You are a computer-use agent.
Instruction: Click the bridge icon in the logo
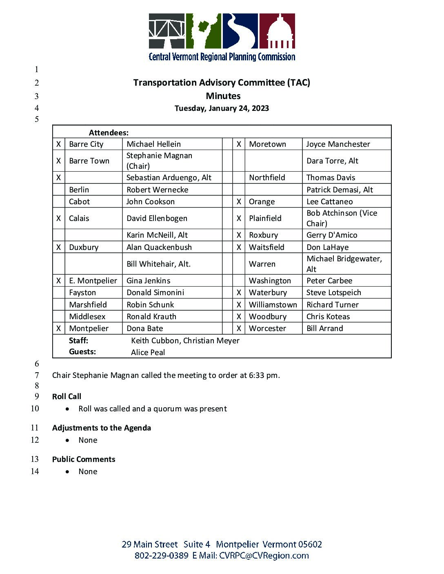166,31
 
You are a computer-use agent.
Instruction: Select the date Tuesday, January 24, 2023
222,108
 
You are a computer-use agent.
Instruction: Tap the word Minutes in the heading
223,96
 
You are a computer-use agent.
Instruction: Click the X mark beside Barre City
59,144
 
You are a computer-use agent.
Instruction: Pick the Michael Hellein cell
153,144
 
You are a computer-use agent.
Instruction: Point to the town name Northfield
267,178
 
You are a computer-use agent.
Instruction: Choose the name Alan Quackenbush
159,247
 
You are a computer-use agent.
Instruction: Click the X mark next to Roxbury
239,235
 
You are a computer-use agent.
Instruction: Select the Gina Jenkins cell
149,281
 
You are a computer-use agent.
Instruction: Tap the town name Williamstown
273,305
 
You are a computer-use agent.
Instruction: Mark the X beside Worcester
239,329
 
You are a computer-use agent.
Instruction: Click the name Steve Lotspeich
334,293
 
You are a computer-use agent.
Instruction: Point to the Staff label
78,341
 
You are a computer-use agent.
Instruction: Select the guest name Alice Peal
148,353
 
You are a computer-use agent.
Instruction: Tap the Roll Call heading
67,397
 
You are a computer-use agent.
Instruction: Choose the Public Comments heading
84,459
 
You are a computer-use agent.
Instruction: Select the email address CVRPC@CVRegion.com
264,556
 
